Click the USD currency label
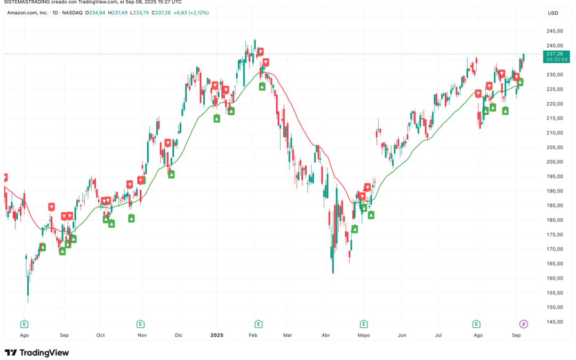tap(553, 13)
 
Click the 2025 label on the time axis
tap(216, 335)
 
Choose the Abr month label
tap(326, 335)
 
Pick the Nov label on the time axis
tap(142, 335)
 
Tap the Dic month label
tap(179, 335)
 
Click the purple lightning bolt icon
tap(524, 324)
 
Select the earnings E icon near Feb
tap(258, 324)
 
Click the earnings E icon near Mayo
tap(364, 324)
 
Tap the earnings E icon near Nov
tap(140, 324)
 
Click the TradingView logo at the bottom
tap(37, 353)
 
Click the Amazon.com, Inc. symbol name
tap(31, 12)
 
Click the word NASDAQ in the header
tap(72, 12)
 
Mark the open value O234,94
tap(94, 12)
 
